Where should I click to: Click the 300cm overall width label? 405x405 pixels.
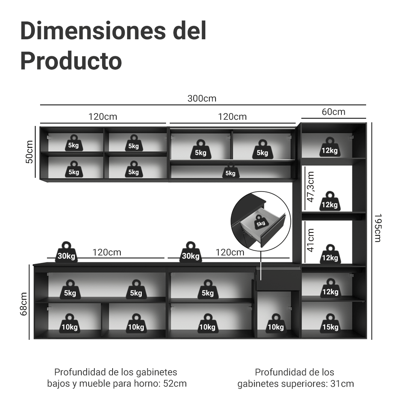[202, 98]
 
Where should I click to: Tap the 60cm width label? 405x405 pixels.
[333, 112]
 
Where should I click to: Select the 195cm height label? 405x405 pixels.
[377, 228]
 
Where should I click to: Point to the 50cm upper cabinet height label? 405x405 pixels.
[30, 152]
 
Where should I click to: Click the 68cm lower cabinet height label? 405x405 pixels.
[23, 304]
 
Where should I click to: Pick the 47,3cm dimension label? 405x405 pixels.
[310, 187]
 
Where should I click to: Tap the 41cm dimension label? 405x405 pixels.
[310, 240]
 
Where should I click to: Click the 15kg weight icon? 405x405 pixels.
[330, 323]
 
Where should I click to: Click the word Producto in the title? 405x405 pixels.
[71, 61]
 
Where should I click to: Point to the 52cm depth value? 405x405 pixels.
[175, 384]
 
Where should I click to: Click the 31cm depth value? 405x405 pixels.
[342, 384]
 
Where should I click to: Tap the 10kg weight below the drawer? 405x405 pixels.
[275, 323]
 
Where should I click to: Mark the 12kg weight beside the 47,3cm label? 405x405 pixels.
[330, 201]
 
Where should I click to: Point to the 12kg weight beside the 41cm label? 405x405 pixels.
[330, 254]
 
